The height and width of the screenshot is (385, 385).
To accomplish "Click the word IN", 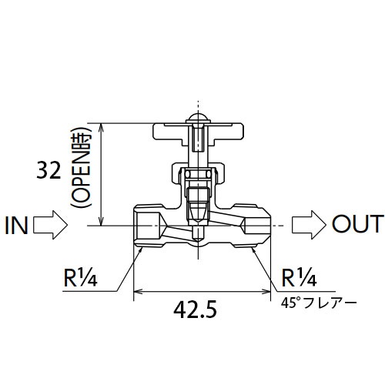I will [x=17, y=225].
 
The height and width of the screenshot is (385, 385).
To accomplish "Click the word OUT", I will [x=356, y=224].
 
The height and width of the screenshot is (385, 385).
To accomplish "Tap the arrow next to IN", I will [x=52, y=225].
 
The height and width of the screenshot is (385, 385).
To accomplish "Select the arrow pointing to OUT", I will [x=311, y=224].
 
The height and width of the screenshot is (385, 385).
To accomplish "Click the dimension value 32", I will [x=49, y=172].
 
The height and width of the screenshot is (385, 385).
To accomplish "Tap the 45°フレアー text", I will [x=319, y=303].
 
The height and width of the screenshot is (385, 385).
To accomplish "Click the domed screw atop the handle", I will [x=197, y=121].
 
